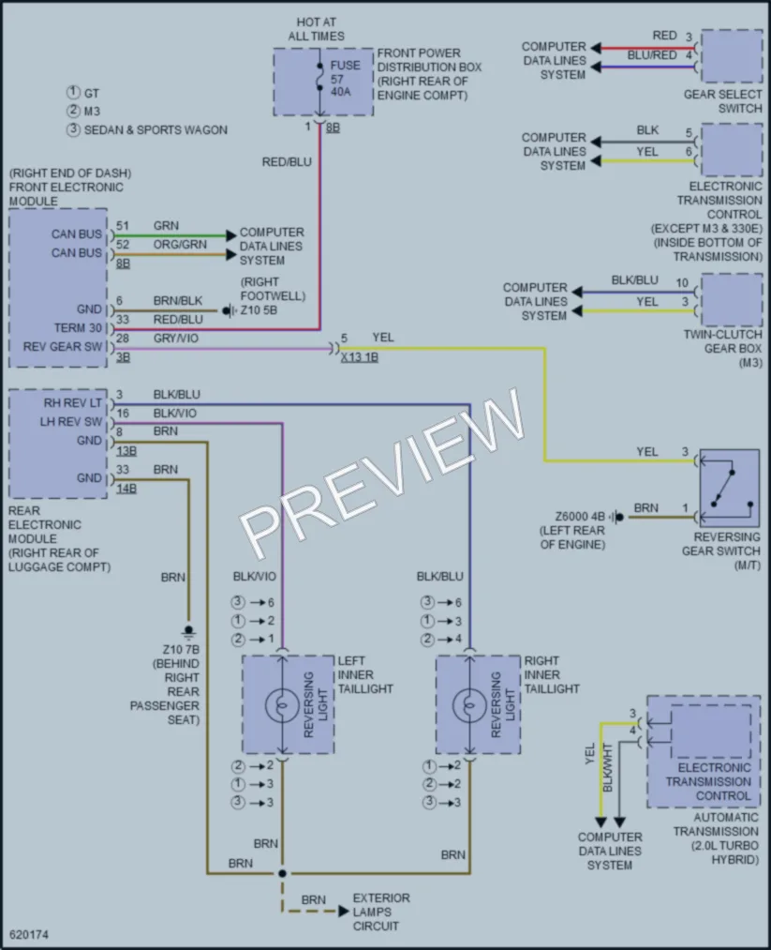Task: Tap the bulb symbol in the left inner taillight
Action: pyautogui.click(x=282, y=704)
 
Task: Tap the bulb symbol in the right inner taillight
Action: pyautogui.click(x=469, y=704)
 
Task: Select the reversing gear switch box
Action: pyautogui.click(x=729, y=489)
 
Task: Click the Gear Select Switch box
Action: pyautogui.click(x=731, y=55)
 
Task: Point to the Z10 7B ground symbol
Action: pyautogui.click(x=188, y=632)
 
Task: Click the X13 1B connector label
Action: pyautogui.click(x=360, y=357)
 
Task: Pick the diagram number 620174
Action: pyautogui.click(x=29, y=934)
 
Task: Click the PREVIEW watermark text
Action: pyautogui.click(x=382, y=473)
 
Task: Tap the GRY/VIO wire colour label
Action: pyautogui.click(x=175, y=338)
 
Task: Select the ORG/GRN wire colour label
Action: pyautogui.click(x=180, y=244)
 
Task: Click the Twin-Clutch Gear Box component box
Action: pyautogui.click(x=731, y=300)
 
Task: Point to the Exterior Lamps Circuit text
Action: pyautogui.click(x=381, y=912)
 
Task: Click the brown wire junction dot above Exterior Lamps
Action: pyautogui.click(x=282, y=873)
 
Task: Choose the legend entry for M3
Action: pyautogui.click(x=83, y=111)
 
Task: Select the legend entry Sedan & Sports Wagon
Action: pyautogui.click(x=147, y=129)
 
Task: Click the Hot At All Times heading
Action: pyautogui.click(x=317, y=29)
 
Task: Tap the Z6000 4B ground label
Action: pyautogui.click(x=580, y=517)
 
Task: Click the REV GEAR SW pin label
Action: pyautogui.click(x=63, y=347)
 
